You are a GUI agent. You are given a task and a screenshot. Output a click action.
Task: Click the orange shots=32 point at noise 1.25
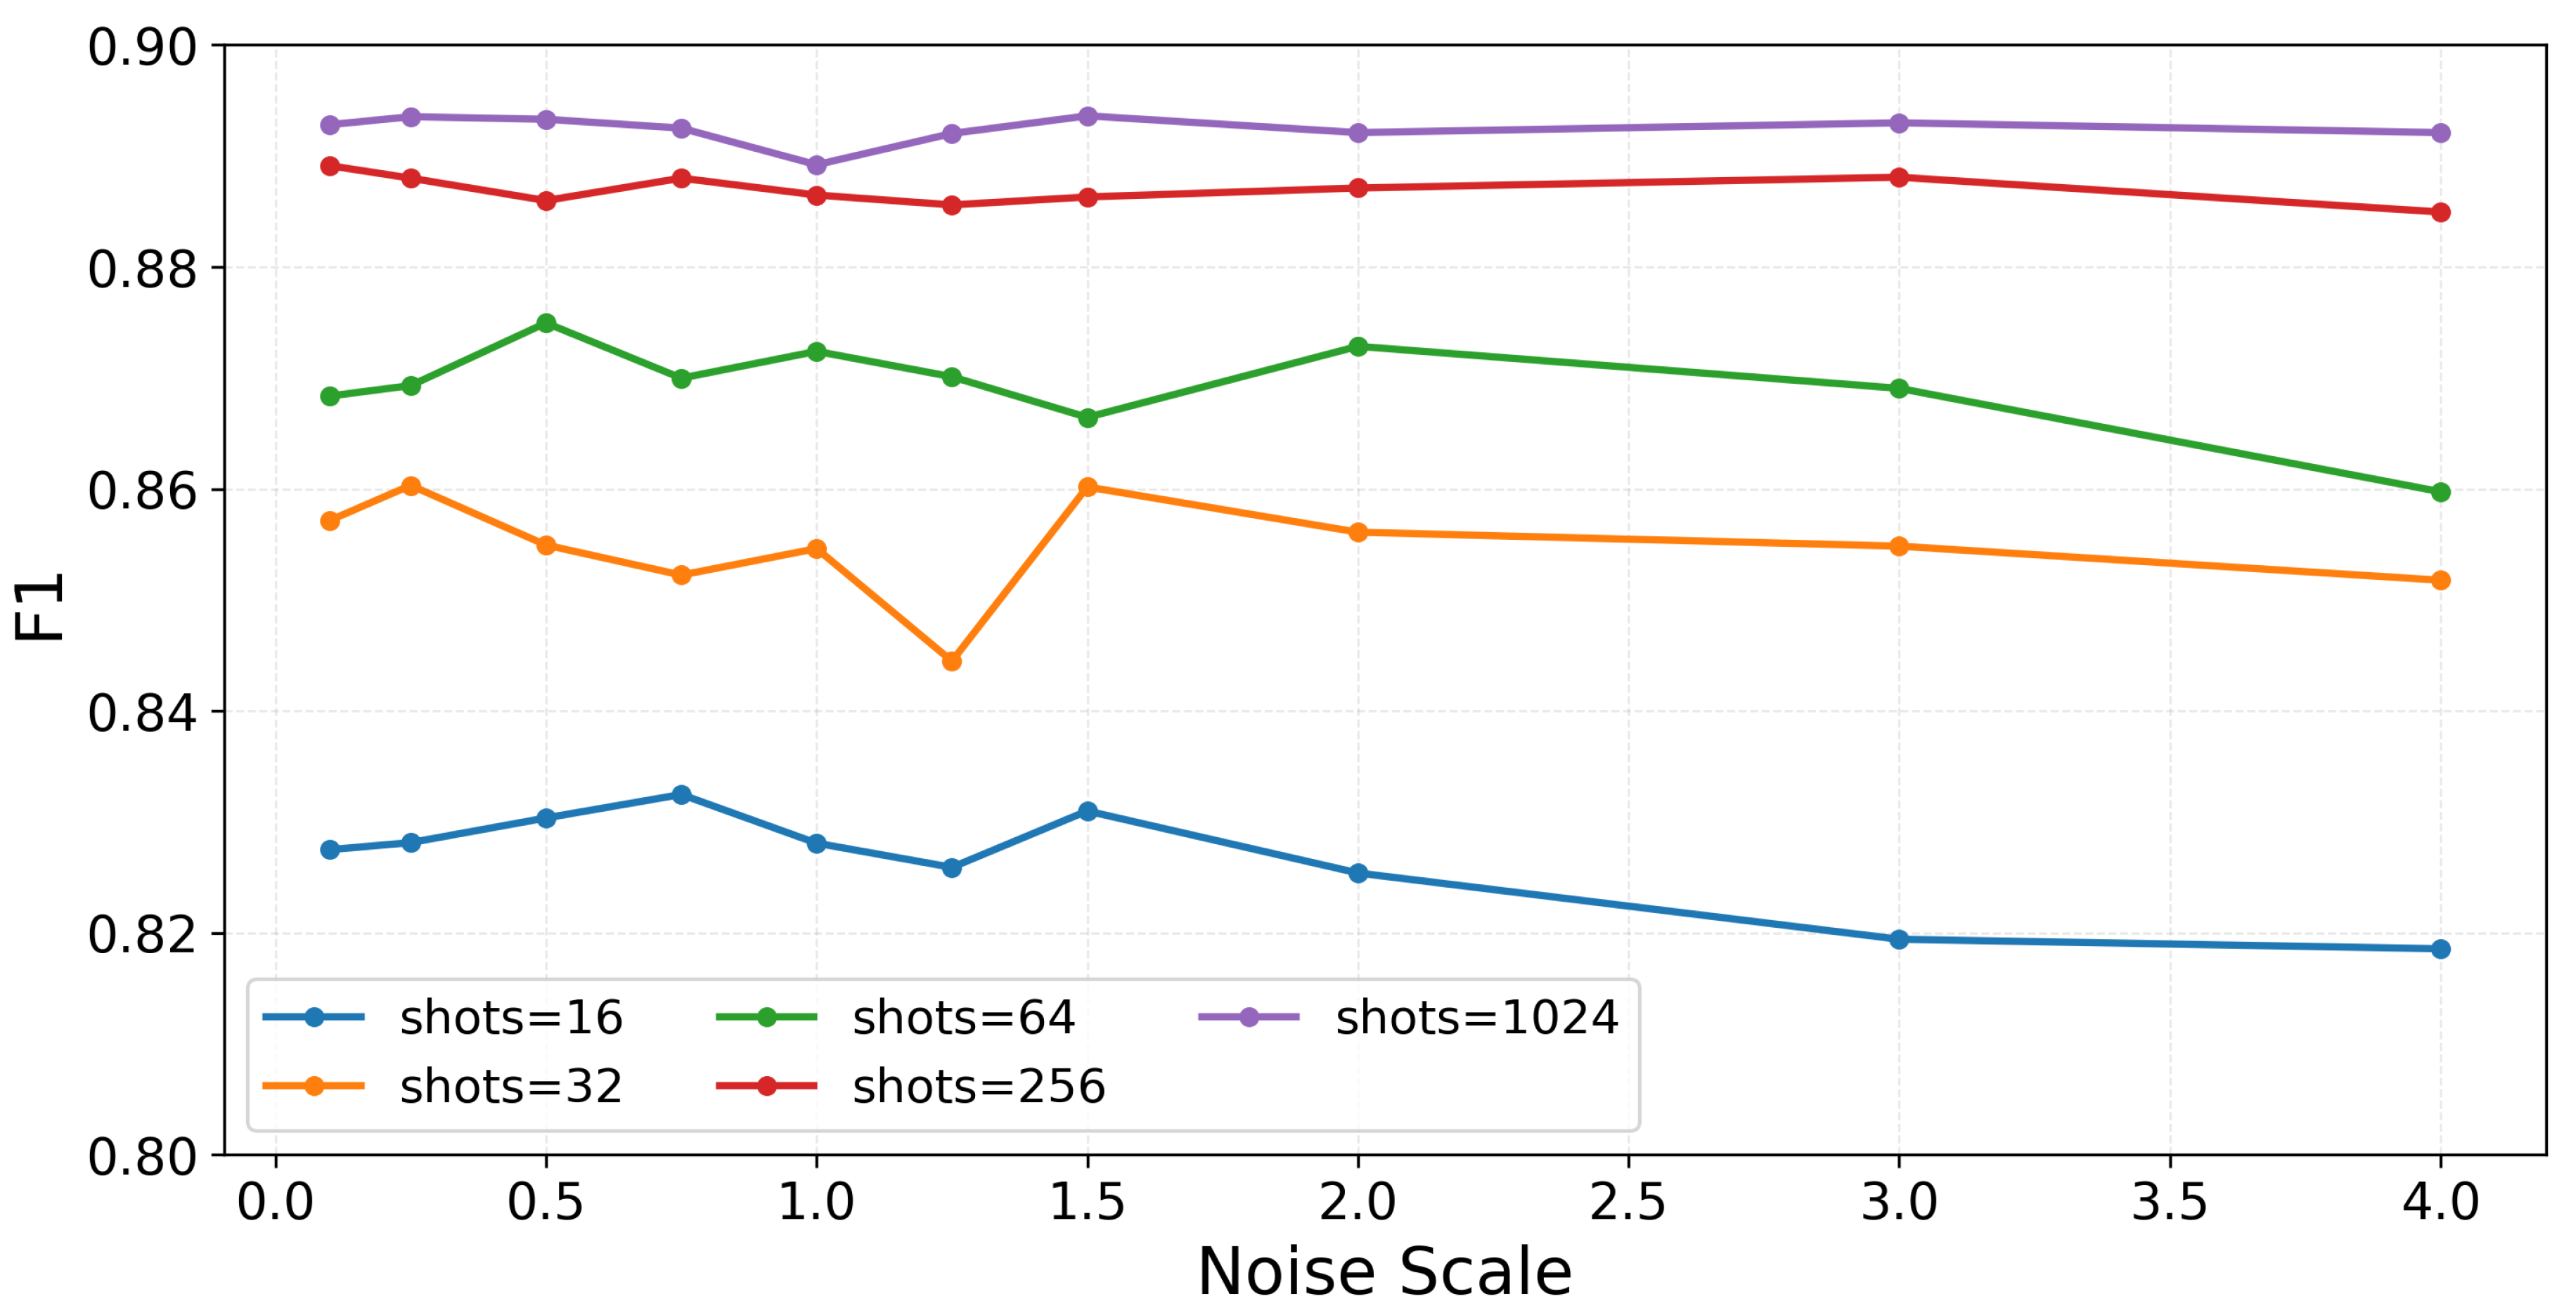click(x=951, y=661)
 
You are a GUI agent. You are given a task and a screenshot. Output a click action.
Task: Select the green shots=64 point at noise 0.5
click(x=546, y=323)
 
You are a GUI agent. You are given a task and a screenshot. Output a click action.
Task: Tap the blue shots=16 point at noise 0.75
click(x=681, y=794)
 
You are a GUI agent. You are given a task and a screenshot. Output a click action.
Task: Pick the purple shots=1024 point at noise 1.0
click(x=816, y=165)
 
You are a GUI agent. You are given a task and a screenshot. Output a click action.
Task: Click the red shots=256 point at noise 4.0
click(x=2440, y=212)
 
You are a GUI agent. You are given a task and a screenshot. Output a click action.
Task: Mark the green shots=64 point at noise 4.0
click(x=2440, y=493)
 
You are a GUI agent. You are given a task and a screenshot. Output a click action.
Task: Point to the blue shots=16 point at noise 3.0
click(x=1898, y=938)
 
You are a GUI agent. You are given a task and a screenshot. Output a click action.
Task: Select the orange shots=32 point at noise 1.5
click(x=1087, y=487)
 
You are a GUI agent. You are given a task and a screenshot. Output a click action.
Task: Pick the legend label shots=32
click(x=510, y=1086)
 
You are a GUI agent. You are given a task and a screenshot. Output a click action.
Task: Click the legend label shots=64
click(x=963, y=1017)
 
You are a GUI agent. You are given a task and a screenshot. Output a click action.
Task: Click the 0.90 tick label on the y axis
click(x=141, y=47)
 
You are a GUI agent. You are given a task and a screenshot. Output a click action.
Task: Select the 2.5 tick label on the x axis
click(x=1628, y=1201)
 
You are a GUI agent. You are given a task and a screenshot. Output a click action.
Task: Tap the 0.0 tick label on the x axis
click(x=275, y=1201)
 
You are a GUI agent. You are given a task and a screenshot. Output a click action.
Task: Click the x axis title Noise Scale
click(x=1384, y=1272)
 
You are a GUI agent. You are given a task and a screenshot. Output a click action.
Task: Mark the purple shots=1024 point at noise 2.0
click(x=1358, y=132)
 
